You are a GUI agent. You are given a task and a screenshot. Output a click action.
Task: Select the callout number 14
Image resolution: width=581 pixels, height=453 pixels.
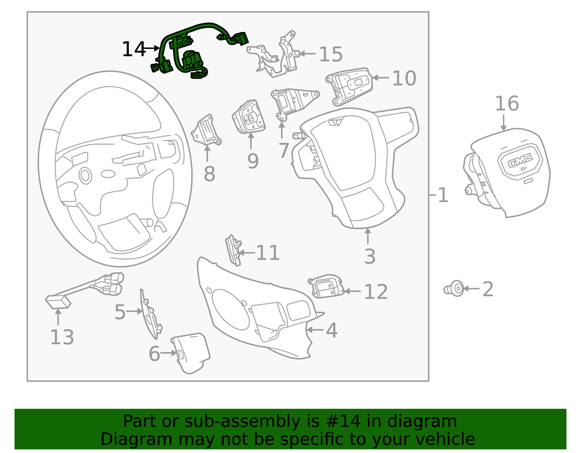[134, 49]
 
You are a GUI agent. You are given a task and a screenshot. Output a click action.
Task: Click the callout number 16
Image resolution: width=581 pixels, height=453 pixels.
[507, 103]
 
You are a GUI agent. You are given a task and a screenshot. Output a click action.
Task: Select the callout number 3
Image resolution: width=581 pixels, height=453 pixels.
[369, 256]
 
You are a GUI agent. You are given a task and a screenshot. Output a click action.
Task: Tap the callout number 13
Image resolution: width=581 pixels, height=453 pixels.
[62, 337]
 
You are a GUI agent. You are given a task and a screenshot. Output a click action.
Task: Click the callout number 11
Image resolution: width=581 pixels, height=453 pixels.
[267, 253]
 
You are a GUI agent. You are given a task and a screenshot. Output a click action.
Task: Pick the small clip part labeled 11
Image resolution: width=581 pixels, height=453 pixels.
[232, 249]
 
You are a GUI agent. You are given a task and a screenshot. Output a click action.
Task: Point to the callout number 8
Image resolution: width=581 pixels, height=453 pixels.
[209, 174]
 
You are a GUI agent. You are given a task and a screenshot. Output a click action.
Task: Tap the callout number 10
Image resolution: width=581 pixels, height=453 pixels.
[404, 78]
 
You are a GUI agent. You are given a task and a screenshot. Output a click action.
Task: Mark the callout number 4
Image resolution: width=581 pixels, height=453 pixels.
[331, 330]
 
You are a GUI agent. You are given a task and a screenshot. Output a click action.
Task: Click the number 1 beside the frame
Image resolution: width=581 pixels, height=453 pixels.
[443, 195]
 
